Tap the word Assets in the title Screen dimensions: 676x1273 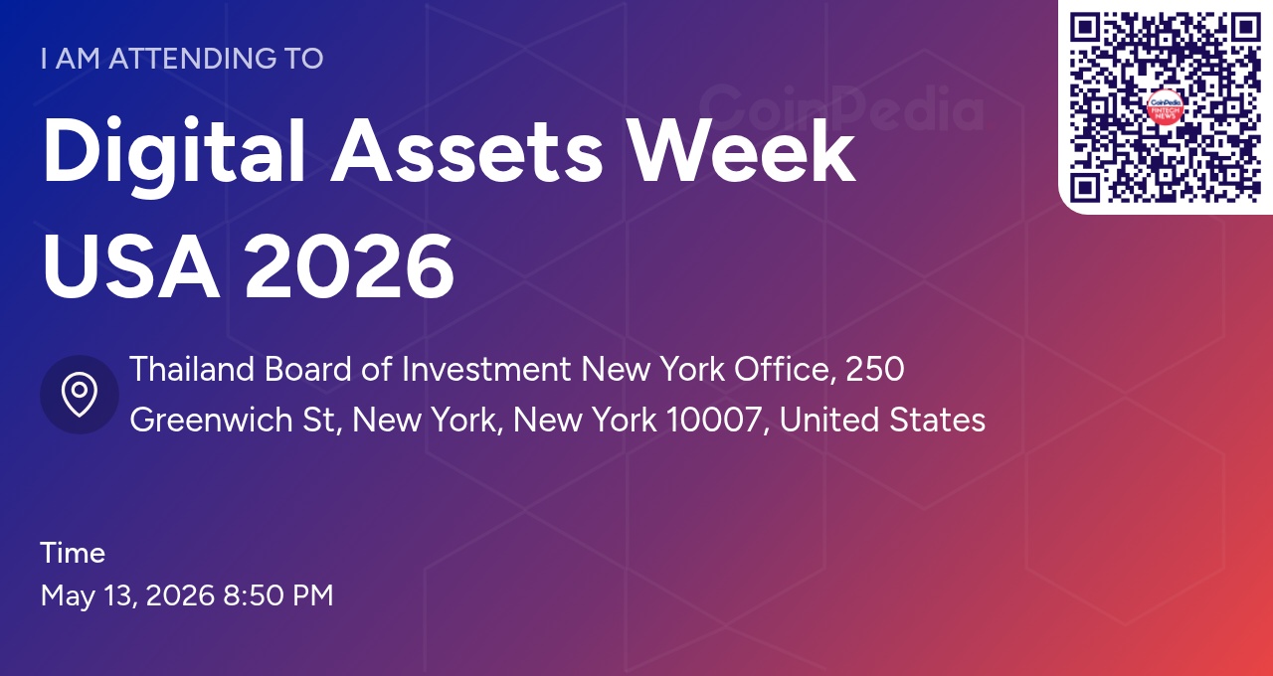[467, 153]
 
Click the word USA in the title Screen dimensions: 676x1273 [130, 266]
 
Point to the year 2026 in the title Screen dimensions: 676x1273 [349, 266]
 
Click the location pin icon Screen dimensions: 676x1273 [80, 395]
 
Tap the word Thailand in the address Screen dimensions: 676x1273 [192, 370]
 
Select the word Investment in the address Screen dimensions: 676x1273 [486, 370]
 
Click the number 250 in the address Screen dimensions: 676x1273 [874, 370]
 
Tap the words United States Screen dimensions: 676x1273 [882, 421]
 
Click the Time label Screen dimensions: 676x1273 [73, 553]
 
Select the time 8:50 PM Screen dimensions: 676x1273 [278, 596]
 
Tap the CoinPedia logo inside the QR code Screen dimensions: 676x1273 [1165, 107]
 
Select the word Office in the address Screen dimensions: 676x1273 [782, 370]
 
